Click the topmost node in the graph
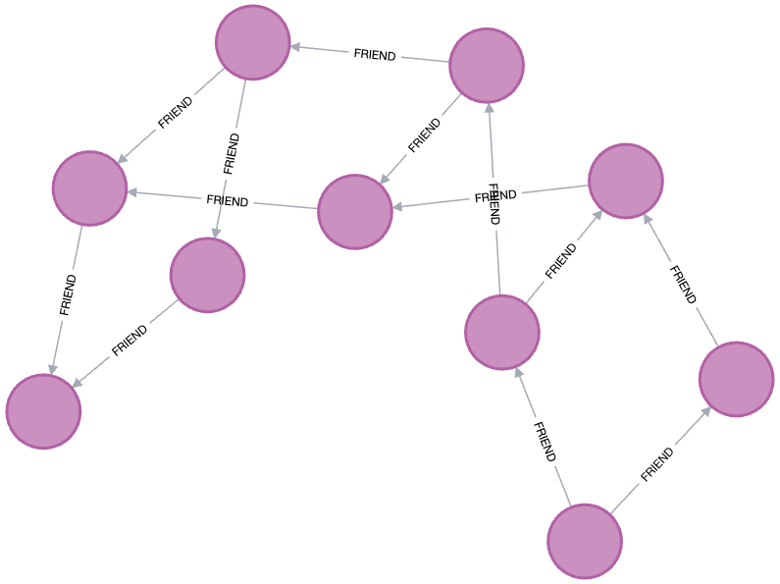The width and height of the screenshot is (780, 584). point(253,42)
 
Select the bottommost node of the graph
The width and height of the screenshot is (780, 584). point(585,541)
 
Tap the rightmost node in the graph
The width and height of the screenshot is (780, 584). point(737,379)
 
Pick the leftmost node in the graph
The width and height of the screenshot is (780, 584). point(43,411)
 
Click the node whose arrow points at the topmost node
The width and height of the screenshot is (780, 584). point(487,66)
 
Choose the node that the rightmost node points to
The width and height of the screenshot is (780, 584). point(626,181)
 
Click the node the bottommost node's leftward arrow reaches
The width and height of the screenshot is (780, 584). point(502,333)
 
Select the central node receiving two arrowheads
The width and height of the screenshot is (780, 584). point(355,212)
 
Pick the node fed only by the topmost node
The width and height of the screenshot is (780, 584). point(207,275)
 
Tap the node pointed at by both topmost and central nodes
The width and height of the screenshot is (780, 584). point(90,188)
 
